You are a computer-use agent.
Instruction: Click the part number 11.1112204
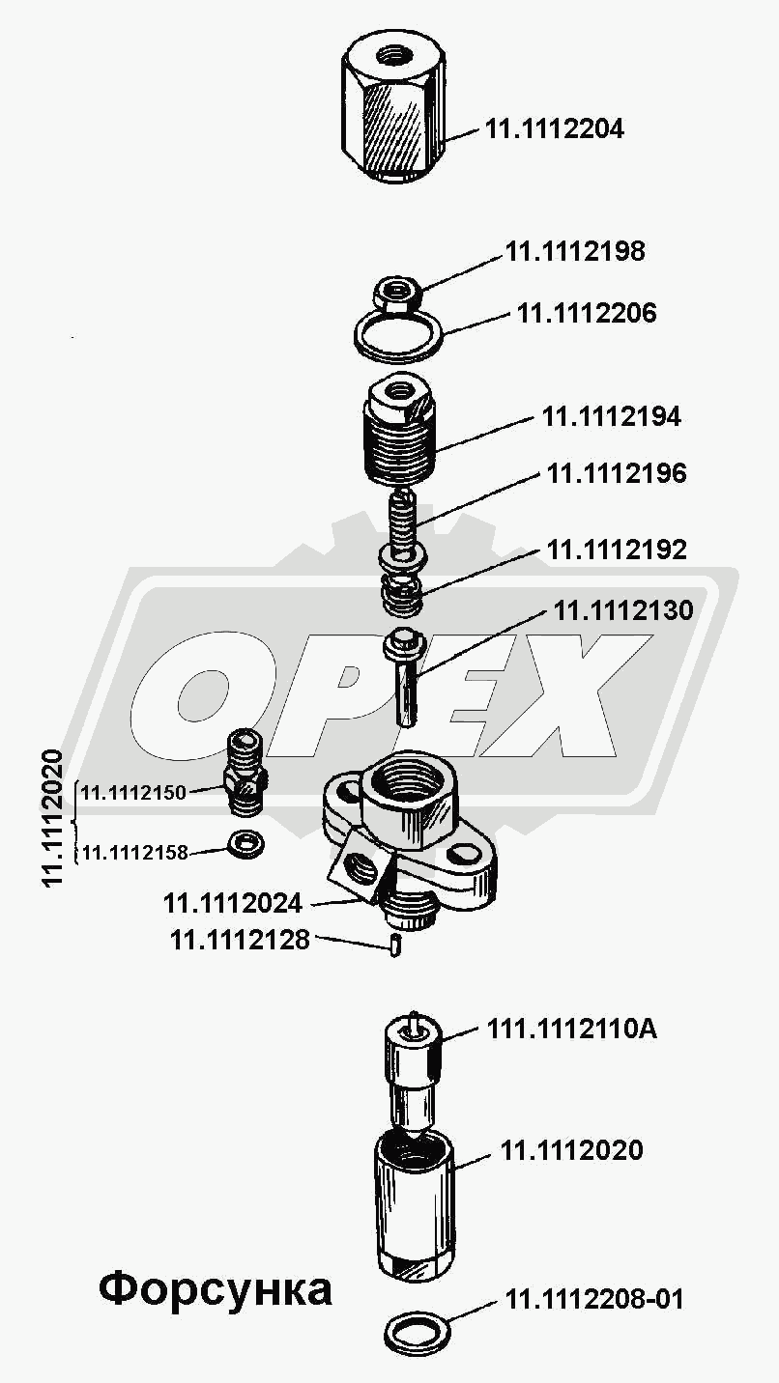[554, 129]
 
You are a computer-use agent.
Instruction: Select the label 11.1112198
[576, 251]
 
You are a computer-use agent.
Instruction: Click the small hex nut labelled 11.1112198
[398, 293]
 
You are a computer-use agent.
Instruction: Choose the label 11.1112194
[612, 417]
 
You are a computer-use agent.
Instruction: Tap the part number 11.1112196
[617, 473]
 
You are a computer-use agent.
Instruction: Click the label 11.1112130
[623, 610]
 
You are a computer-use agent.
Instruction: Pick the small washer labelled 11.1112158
[246, 845]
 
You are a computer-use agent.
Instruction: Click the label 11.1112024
[233, 904]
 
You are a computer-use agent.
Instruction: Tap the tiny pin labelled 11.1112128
[396, 946]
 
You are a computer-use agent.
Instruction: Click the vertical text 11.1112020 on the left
[53, 818]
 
